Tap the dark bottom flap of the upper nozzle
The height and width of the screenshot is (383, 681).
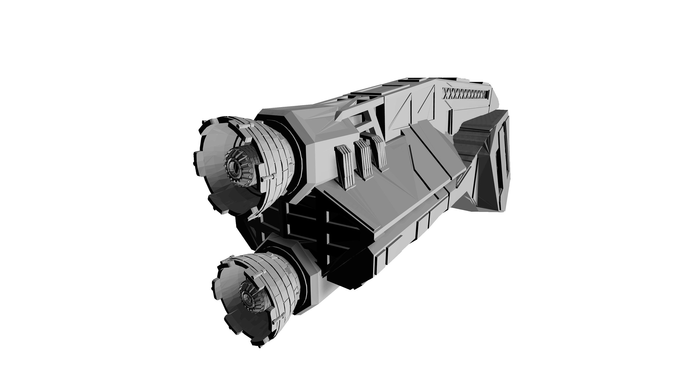click(x=225, y=201)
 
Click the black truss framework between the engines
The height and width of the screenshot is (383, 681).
click(x=304, y=227)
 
